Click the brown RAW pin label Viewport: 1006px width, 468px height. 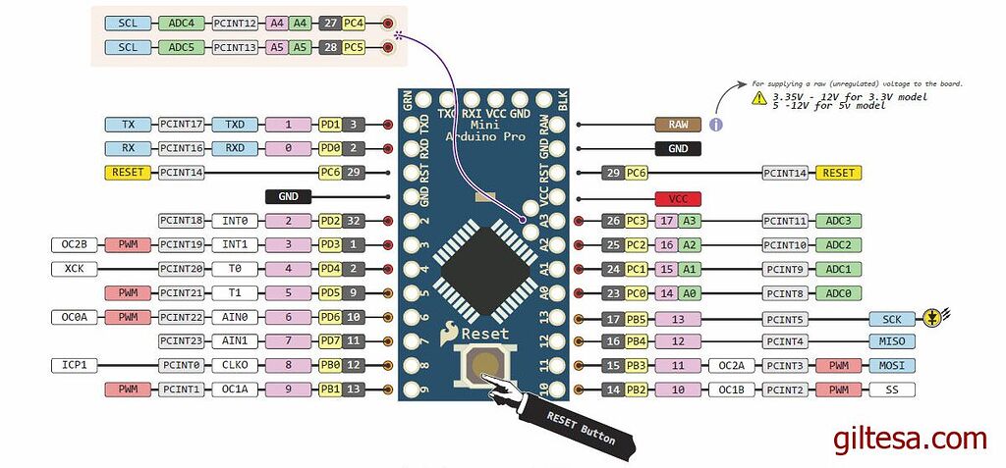[678, 125]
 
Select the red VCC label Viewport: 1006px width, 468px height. [678, 197]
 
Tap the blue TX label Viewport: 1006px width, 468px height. [129, 125]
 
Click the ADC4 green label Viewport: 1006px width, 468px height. [182, 23]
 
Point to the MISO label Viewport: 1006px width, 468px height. [892, 341]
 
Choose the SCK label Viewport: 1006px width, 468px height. [892, 318]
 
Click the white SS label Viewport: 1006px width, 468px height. [892, 390]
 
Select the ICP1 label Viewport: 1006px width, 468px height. [74, 365]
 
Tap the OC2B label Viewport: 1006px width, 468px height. [74, 244]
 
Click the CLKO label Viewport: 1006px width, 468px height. [235, 365]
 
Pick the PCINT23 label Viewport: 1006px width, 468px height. [182, 340]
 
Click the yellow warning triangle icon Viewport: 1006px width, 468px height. [758, 99]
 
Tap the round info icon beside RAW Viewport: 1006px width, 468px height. [716, 125]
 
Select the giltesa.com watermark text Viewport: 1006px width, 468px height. [909, 439]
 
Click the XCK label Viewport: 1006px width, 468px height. [74, 269]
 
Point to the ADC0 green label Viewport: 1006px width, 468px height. [839, 292]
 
